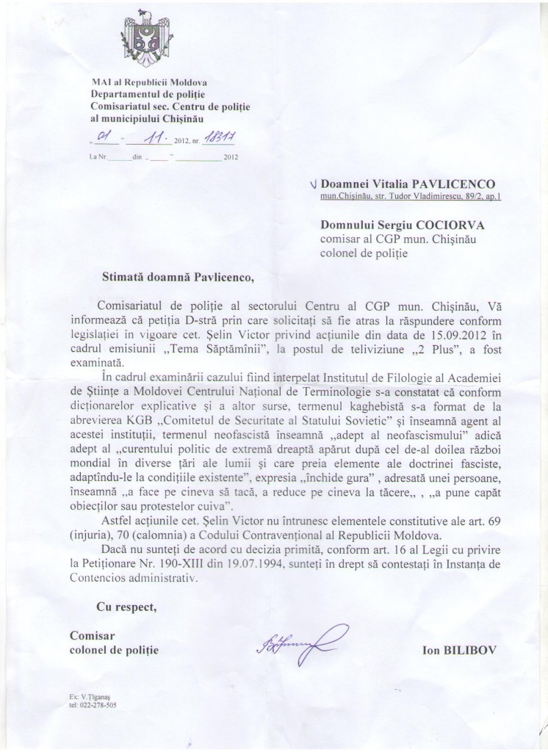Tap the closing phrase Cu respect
(x=126, y=607)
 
